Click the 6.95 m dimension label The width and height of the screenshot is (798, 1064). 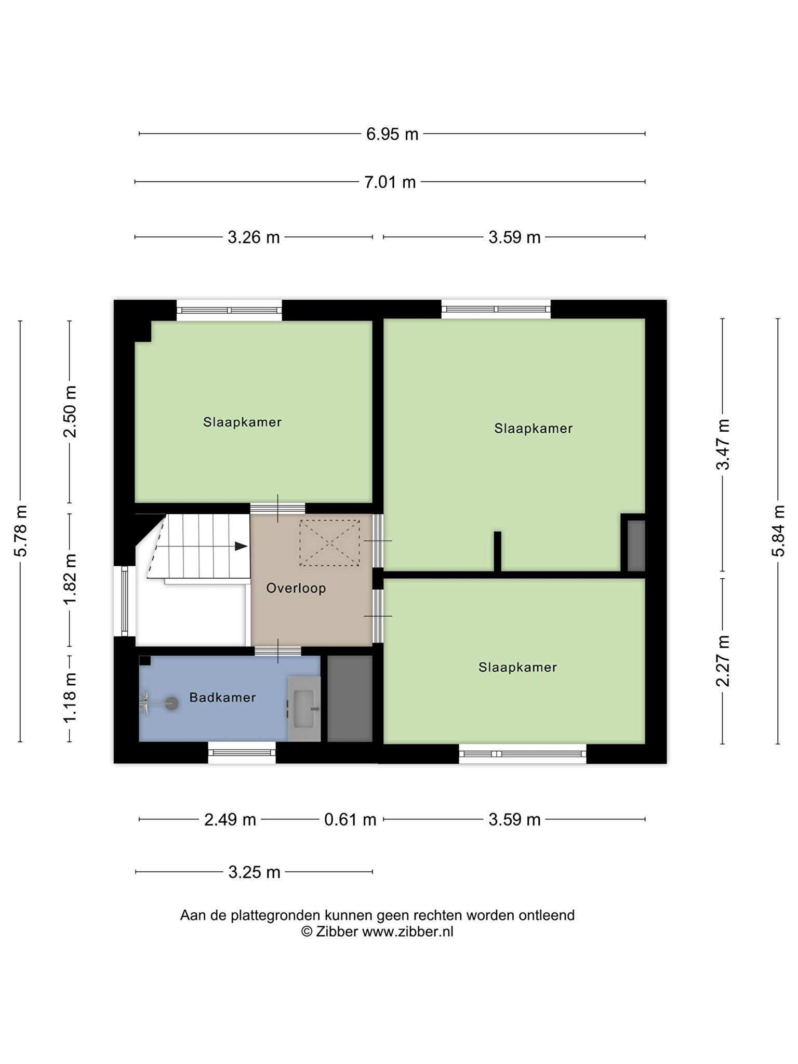(x=392, y=134)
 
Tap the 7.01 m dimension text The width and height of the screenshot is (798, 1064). (x=390, y=182)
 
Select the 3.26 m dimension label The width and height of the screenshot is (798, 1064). (x=254, y=237)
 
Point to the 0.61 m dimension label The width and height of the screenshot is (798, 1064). (x=350, y=819)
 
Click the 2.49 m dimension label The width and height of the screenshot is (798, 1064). (x=230, y=819)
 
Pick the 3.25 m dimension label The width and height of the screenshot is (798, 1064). (x=255, y=872)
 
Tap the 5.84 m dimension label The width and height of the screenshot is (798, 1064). (x=778, y=530)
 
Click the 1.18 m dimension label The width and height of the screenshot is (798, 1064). (x=70, y=697)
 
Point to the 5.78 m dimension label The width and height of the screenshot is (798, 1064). (x=21, y=530)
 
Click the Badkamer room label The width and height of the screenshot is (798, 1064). (x=222, y=697)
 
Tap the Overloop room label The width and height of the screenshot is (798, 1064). (x=296, y=588)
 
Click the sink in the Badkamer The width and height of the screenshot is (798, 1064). (x=304, y=709)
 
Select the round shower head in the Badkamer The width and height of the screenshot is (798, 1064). (x=171, y=703)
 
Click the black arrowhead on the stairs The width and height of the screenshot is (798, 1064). (x=241, y=546)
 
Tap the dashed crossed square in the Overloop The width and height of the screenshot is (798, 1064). (x=329, y=543)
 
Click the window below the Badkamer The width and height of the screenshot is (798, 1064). (x=242, y=752)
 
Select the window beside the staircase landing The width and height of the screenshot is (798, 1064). (x=125, y=601)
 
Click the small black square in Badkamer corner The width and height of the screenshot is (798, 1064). (x=145, y=660)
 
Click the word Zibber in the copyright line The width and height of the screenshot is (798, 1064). (x=336, y=932)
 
